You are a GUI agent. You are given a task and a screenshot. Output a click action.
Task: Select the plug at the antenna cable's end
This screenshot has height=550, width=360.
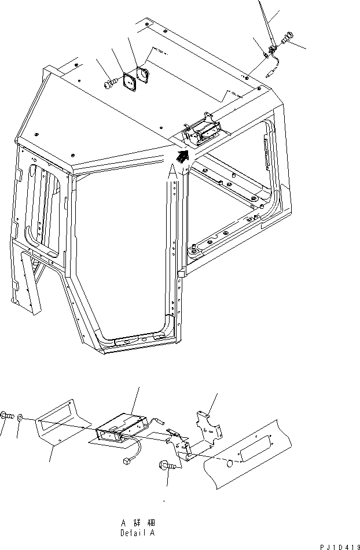pos(271,74)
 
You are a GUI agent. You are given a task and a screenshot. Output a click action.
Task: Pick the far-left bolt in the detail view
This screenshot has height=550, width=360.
pos(6,415)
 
